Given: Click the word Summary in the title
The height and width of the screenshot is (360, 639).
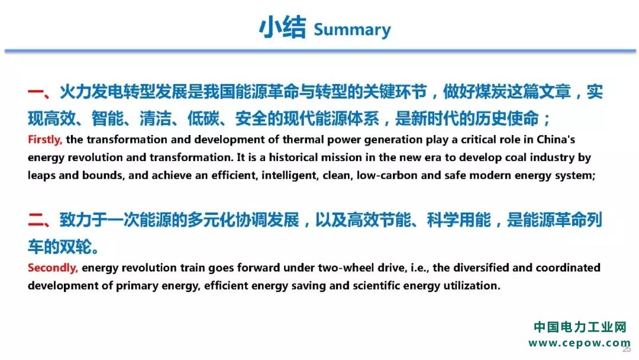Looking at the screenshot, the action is point(352,30).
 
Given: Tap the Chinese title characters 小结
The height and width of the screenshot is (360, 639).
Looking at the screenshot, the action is point(282,27).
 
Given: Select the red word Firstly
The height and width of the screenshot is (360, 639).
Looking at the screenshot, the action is point(45,140).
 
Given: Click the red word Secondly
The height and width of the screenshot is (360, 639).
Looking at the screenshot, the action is point(53,268).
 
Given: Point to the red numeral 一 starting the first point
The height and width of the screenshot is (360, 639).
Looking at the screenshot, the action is point(36,92).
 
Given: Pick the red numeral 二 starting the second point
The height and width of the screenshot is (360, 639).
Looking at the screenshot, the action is point(36,220).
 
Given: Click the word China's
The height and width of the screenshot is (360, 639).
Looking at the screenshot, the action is point(556,139).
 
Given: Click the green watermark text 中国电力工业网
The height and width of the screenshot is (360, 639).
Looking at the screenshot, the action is point(580,327).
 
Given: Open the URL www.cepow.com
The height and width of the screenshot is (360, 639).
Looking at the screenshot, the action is point(579,343).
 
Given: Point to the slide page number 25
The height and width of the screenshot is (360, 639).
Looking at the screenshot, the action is point(627,349).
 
